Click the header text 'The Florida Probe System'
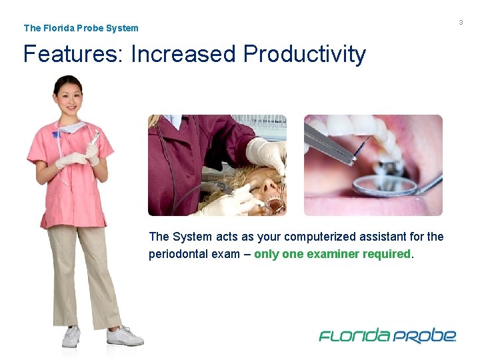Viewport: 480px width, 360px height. click(81, 28)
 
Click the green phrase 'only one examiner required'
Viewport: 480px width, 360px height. click(333, 254)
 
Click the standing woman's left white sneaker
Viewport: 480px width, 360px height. click(125, 336)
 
